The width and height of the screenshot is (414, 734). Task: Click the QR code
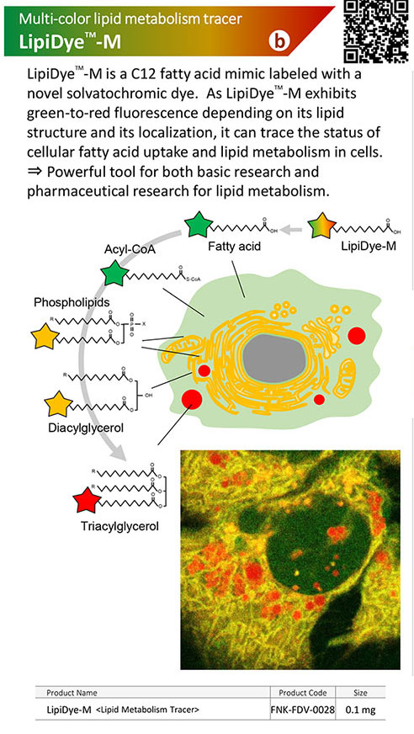375,31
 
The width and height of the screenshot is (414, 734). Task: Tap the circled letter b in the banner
279,41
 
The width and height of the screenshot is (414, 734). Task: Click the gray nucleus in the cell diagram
274,359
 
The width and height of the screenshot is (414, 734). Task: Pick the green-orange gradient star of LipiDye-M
321,225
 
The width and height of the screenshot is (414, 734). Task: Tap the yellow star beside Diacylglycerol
58,403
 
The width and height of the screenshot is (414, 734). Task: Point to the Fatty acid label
234,246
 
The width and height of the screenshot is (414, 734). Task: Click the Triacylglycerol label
120,526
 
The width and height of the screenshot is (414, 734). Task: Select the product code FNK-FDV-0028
303,710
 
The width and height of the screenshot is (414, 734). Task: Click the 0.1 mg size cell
360,710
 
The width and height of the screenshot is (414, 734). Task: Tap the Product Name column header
72,693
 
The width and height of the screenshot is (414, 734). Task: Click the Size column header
360,693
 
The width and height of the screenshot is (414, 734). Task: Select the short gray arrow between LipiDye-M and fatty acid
294,229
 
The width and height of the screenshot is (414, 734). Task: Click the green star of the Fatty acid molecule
199,225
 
